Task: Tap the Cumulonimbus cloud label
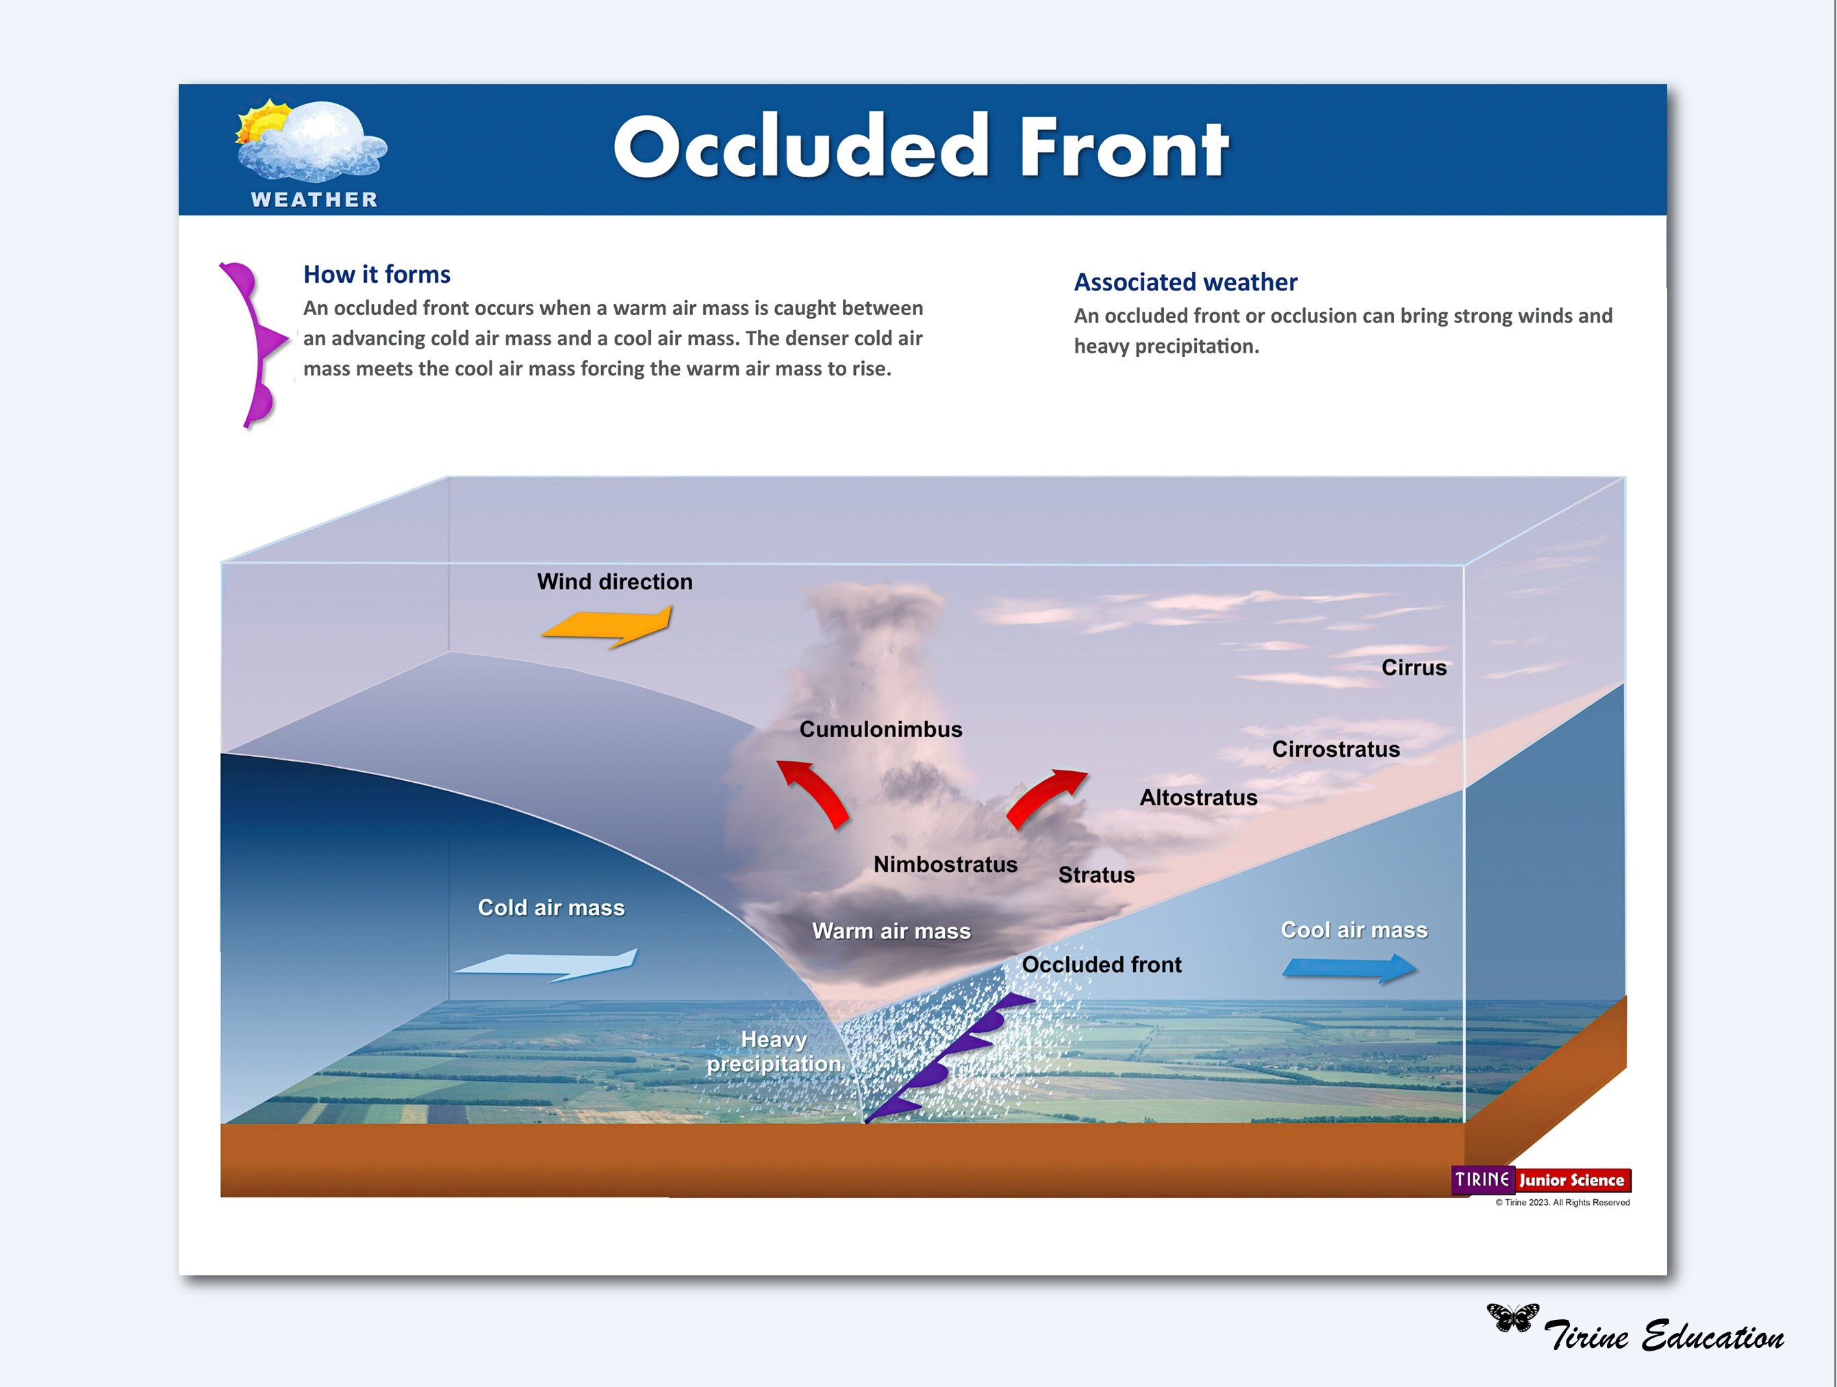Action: [881, 729]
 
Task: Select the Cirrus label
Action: [1413, 668]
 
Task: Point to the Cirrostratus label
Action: [1335, 749]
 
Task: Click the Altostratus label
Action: [1198, 797]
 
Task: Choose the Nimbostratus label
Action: [945, 864]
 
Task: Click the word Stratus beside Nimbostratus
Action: [1095, 875]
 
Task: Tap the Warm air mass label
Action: [891, 931]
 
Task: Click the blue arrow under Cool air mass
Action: [1350, 969]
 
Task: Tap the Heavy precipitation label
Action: [773, 1051]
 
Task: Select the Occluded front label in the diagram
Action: [1100, 965]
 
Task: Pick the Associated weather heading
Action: [1185, 282]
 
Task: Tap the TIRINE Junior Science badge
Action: [1541, 1180]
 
